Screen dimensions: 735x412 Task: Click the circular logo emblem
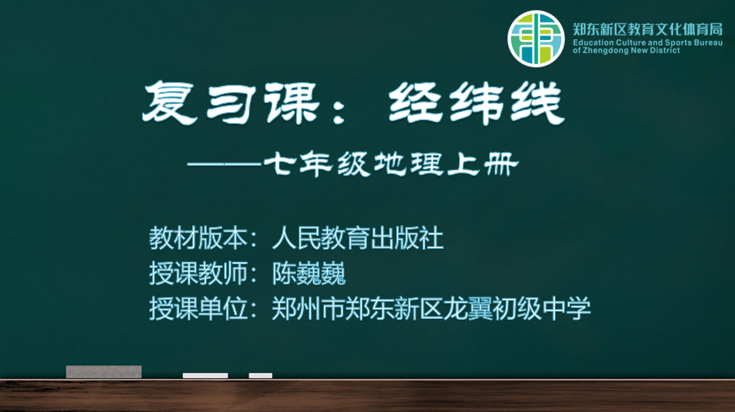tap(536, 38)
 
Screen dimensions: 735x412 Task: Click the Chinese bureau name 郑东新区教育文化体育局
tap(648, 29)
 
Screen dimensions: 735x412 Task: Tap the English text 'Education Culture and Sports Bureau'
tap(648, 43)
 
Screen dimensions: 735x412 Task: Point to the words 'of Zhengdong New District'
tap(627, 51)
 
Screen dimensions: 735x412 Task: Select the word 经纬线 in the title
tap(476, 103)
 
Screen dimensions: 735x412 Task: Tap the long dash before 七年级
tap(225, 164)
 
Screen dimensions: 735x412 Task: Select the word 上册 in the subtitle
tap(483, 164)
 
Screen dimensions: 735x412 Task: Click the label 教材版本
tap(198, 238)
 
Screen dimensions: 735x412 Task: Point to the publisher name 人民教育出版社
tap(358, 238)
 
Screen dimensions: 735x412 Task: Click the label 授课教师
tap(198, 273)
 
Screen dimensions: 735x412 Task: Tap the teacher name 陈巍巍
tap(309, 273)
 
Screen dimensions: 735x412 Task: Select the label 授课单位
tap(198, 308)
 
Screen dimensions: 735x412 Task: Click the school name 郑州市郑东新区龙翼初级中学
tap(431, 308)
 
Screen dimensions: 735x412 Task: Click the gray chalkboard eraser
tap(104, 372)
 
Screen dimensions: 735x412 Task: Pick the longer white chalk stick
tap(205, 376)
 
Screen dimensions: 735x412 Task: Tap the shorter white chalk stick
tap(260, 376)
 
